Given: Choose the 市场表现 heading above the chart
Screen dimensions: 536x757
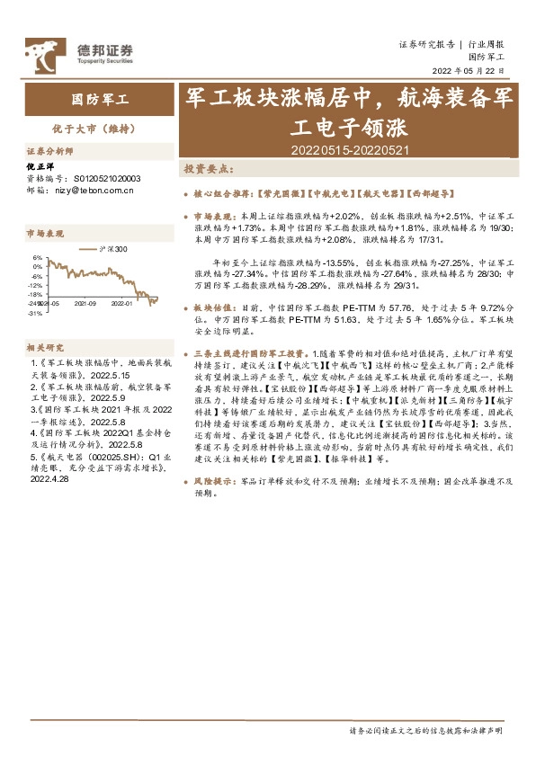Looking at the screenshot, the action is point(45,233).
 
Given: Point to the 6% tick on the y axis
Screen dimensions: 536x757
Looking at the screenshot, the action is point(37,257).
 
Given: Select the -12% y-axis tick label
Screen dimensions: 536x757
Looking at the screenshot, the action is point(35,285).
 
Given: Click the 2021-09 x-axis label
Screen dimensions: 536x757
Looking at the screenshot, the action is point(85,303).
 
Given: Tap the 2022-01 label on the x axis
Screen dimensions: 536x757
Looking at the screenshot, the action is point(122,303).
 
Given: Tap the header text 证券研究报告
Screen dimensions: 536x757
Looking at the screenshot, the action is point(426,44).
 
